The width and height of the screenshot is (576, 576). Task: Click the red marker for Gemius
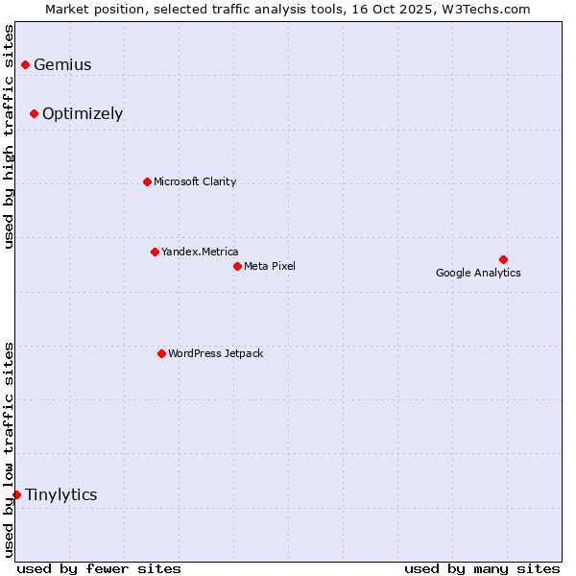tap(25, 64)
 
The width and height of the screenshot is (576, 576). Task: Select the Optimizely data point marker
tap(34, 113)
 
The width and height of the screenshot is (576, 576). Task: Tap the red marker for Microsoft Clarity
tap(147, 181)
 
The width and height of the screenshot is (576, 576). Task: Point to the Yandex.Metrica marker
tap(155, 252)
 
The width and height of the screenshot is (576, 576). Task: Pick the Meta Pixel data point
tap(237, 266)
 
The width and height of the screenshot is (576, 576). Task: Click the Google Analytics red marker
tap(503, 259)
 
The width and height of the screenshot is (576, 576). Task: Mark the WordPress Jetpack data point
tap(161, 353)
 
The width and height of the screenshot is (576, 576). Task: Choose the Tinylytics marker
tap(16, 494)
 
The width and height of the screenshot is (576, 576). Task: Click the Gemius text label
tap(62, 65)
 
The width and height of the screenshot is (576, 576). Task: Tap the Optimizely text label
tap(83, 114)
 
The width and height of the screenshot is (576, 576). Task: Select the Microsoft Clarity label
tap(195, 182)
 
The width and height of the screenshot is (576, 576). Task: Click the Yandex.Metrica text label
tap(200, 252)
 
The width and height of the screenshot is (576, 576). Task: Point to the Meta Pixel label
tap(270, 266)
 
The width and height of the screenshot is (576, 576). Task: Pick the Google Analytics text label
tap(478, 273)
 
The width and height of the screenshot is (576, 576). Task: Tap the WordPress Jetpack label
tap(215, 354)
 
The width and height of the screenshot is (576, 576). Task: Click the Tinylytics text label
tap(60, 495)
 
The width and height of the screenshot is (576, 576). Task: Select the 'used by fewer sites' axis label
tap(99, 568)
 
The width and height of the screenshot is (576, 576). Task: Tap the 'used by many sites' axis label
tap(482, 568)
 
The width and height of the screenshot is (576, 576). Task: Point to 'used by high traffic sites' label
tap(10, 136)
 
